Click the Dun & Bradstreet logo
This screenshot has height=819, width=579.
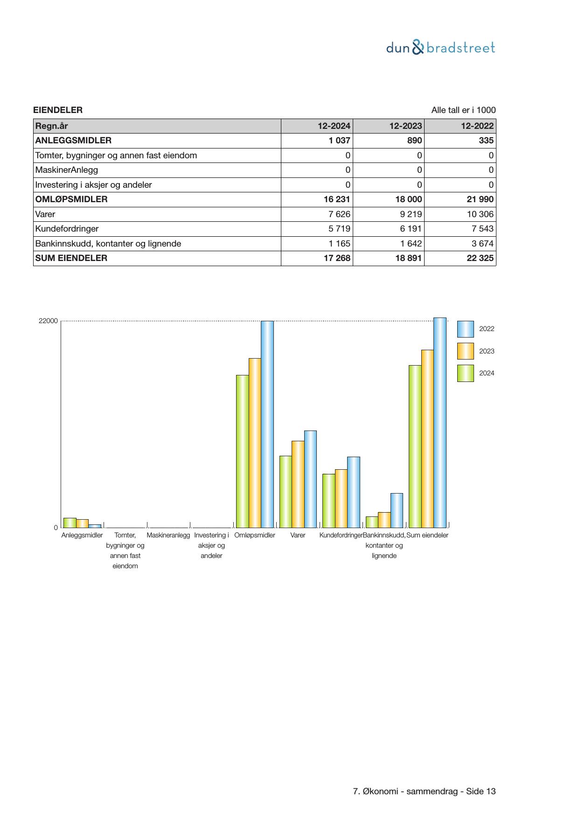[x=440, y=48]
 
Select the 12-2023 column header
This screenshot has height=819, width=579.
[x=405, y=126]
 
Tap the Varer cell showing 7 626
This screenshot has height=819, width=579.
[x=339, y=214]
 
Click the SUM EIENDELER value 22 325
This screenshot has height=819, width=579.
[x=480, y=258]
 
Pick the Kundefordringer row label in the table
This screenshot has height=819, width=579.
[x=67, y=229]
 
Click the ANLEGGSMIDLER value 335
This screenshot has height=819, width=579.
[x=486, y=141]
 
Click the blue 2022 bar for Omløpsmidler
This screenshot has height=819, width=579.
[x=267, y=424]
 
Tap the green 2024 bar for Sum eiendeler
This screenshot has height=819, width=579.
[x=415, y=446]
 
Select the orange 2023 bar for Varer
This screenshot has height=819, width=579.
[x=298, y=484]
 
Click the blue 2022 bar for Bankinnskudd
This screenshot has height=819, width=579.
[x=397, y=510]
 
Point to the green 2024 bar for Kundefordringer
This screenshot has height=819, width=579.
[x=328, y=501]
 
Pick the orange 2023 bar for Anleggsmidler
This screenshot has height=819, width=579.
[x=82, y=523]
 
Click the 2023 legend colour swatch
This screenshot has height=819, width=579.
[x=465, y=351]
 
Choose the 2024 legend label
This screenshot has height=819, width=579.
[x=487, y=373]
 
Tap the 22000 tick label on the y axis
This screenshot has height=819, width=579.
[x=48, y=321]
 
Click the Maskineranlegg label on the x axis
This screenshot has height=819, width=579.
[x=168, y=535]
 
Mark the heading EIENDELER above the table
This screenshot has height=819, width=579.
[x=58, y=110]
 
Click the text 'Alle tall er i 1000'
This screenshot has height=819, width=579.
[x=463, y=110]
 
